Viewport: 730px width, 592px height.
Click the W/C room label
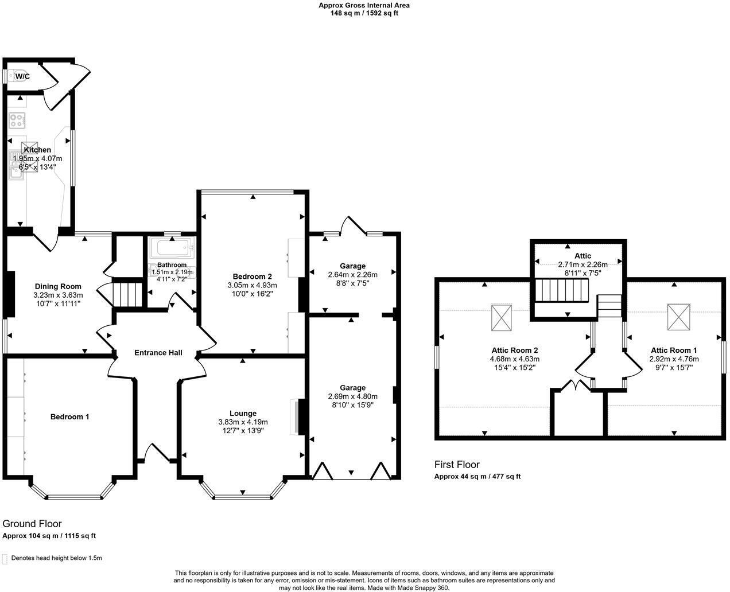(22, 76)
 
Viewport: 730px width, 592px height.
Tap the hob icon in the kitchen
(17, 121)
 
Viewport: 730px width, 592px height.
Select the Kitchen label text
(37, 150)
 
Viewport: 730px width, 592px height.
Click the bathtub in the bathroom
(172, 250)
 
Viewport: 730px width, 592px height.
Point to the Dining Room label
(58, 286)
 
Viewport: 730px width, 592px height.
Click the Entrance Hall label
(158, 352)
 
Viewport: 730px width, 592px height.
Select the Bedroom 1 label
(69, 416)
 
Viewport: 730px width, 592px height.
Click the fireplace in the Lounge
(296, 416)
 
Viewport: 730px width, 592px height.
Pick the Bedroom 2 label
(253, 276)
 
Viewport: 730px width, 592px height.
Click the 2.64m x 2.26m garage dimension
(352, 274)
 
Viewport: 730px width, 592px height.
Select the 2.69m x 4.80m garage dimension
(352, 396)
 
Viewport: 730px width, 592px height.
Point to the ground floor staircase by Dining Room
(127, 294)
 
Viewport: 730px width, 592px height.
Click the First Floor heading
(457, 465)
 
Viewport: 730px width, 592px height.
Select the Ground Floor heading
(32, 523)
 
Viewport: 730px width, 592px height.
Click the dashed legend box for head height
(6, 558)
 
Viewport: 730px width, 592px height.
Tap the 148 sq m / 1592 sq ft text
(364, 13)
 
